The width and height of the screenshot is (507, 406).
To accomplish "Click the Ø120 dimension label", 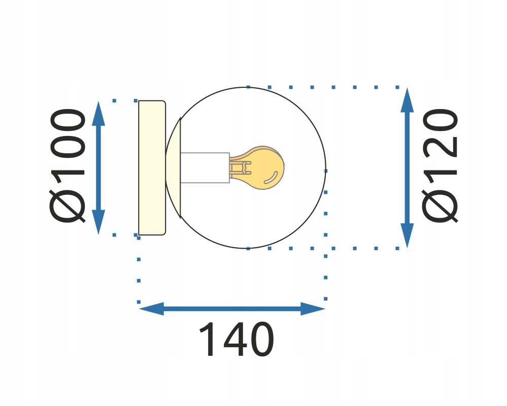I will [x=441, y=165].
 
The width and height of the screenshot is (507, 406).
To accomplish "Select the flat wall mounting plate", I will [x=151, y=167].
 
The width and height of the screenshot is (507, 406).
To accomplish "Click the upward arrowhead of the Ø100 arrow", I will [x=99, y=113].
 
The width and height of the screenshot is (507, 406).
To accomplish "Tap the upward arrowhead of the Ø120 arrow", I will [x=407, y=99].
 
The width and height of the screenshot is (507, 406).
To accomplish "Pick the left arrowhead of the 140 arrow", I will [x=151, y=308].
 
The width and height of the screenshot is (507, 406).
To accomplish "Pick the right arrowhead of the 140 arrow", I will [x=312, y=308].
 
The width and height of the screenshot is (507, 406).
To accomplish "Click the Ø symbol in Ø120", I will [x=441, y=206].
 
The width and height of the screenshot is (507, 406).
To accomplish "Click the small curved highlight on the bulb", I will [x=273, y=177].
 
